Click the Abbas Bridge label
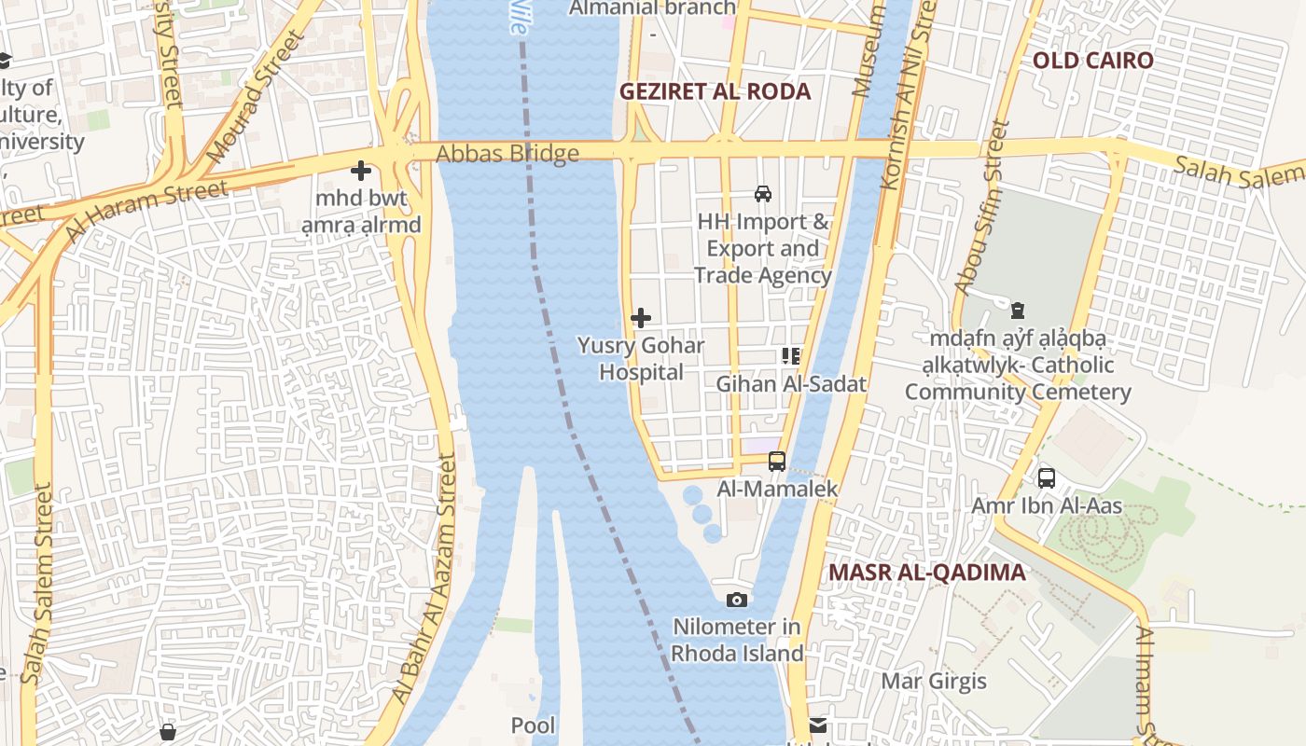point(508,153)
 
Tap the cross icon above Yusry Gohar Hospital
point(641,318)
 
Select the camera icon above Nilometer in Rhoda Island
point(737,600)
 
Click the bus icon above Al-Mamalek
point(777,461)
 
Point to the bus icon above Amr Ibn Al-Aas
point(1047,478)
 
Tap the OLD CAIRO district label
point(1092,61)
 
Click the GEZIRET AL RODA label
point(716,91)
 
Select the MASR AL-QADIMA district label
point(927,573)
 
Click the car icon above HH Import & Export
point(763,194)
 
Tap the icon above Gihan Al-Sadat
point(791,355)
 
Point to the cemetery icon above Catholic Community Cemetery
point(1018,311)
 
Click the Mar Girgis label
point(934,681)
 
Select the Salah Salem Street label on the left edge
point(39,583)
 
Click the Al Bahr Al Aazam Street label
point(424,578)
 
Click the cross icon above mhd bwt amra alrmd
point(361,171)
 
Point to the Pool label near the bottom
point(533,725)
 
